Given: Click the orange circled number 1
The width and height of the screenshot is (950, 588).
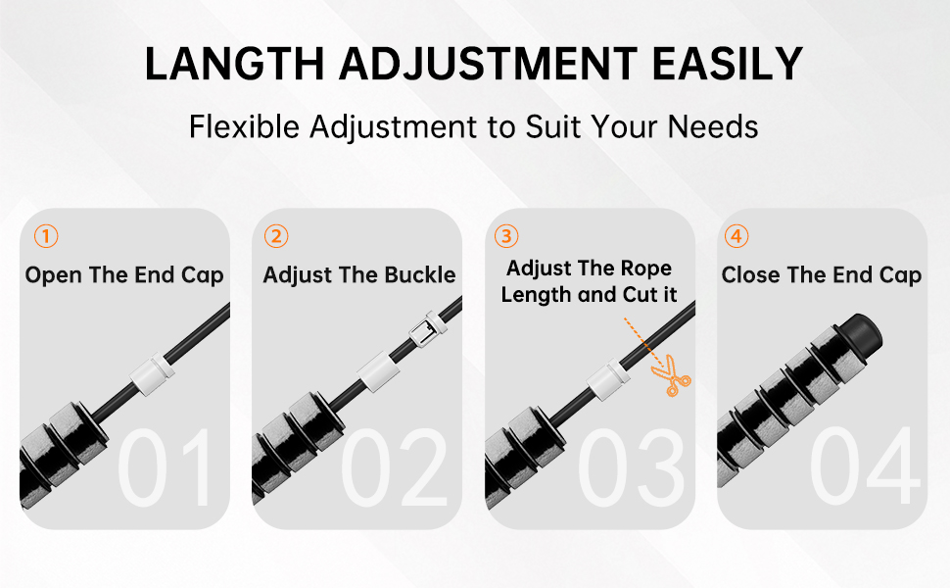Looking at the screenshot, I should coord(46,236).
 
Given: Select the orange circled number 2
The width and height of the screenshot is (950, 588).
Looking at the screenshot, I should coord(277,236).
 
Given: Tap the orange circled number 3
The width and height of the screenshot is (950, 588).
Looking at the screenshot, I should coord(506,236).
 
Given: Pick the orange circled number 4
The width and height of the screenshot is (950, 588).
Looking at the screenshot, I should coord(736,236).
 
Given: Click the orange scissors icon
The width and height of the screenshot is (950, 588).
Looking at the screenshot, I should coord(672,378).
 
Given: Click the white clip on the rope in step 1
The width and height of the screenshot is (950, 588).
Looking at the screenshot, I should coord(153,373).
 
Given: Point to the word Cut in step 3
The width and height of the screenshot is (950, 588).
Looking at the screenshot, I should coord(621,294).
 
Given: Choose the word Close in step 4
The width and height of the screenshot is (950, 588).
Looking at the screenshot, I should coord(750,275).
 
